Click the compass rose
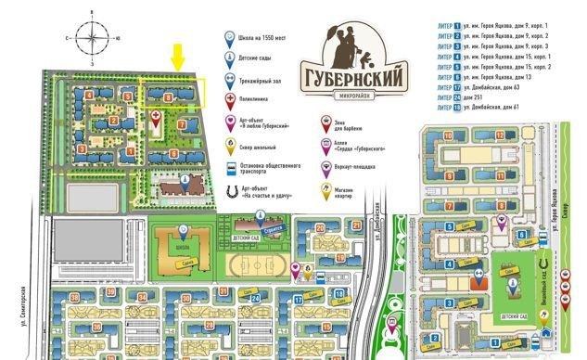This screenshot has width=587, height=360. (x=90, y=37)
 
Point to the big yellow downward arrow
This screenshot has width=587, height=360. (x=178, y=56)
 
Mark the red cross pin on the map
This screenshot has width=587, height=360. (x=155, y=116)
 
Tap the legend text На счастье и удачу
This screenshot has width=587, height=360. (x=269, y=197)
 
